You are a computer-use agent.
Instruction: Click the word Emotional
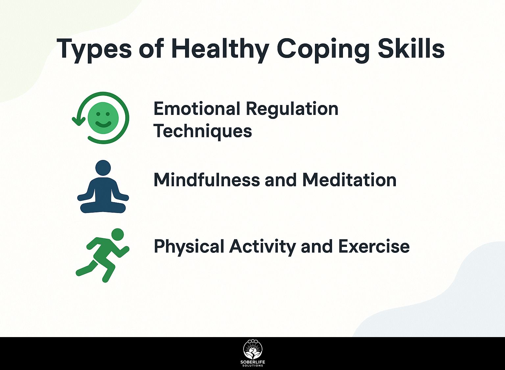click(x=197, y=109)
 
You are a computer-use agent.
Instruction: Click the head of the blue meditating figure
click(x=103, y=168)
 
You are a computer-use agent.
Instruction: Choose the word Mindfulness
click(x=206, y=180)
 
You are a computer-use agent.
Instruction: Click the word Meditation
click(x=349, y=180)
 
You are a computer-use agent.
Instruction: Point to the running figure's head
click(x=118, y=234)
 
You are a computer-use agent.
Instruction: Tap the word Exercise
click(x=374, y=246)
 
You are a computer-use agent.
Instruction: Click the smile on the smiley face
click(x=103, y=124)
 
